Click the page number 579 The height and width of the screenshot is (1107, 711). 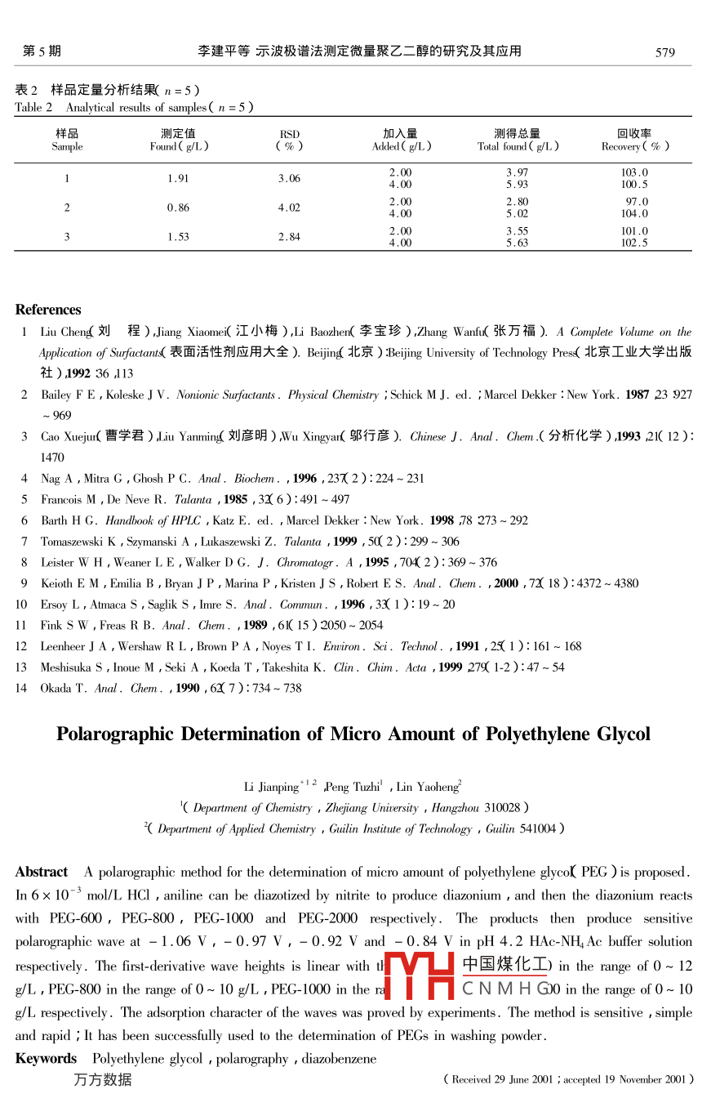coord(665,52)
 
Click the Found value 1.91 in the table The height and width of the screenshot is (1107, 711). coord(178,179)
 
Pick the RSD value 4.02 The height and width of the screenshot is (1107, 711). coord(289,208)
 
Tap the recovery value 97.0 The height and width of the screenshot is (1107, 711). coord(637,202)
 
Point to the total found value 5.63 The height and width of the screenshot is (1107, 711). coord(517,243)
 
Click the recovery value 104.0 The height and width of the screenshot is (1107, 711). coord(634,214)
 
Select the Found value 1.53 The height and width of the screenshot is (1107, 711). coord(178,237)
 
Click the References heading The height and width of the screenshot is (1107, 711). coord(48,310)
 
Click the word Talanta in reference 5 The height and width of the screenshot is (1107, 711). coord(193,499)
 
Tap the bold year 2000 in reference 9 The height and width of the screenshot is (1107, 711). coord(506,583)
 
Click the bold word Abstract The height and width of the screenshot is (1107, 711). coord(41,872)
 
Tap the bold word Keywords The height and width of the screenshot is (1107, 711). coord(46,1059)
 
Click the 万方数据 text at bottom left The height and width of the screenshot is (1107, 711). coord(102,1080)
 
